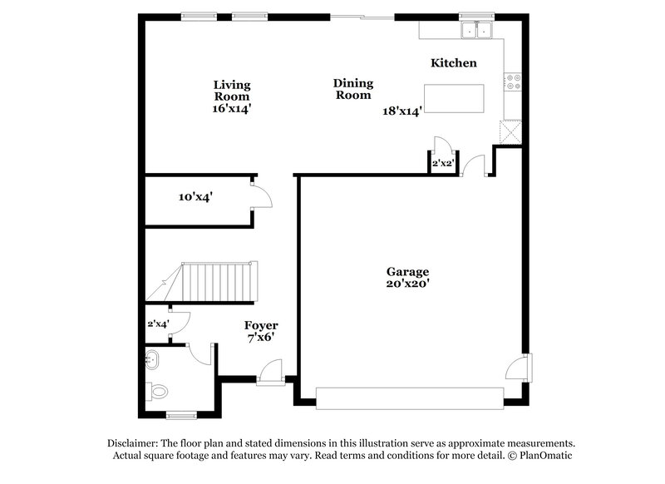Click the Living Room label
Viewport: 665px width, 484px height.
coord(231,91)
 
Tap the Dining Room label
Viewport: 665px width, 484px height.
coord(353,89)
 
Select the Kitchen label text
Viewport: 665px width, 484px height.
coord(453,63)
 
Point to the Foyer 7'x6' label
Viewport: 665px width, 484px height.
coord(261,331)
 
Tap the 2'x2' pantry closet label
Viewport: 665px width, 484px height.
coord(441,165)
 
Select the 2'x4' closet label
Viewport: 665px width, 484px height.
coord(158,323)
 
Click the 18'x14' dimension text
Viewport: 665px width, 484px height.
coord(403,110)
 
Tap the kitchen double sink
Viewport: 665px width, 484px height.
coord(477,31)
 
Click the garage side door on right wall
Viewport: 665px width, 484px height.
coord(525,366)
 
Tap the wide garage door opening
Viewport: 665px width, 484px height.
coord(410,398)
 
